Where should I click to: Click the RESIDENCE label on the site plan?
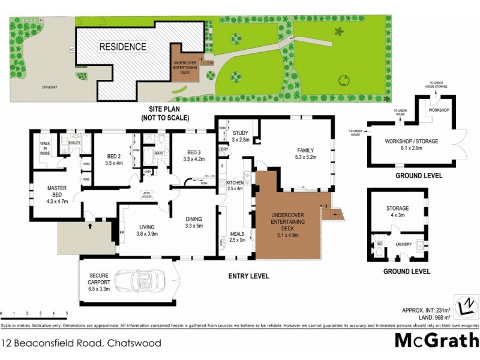[x=122, y=46]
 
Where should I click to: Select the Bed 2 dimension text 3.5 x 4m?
[x=113, y=163]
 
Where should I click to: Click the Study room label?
[x=241, y=133]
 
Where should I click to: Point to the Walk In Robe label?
[x=44, y=146]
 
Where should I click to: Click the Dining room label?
[x=193, y=219]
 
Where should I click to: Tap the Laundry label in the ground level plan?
[x=404, y=244]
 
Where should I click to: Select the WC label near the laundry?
[x=379, y=244]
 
